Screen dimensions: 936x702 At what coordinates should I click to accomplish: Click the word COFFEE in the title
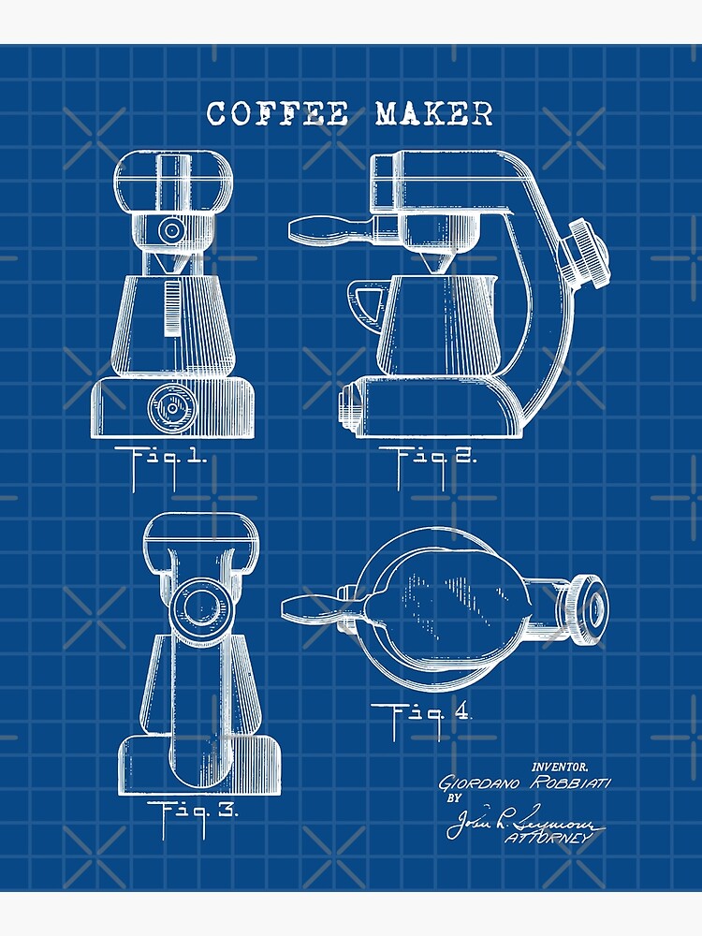(x=277, y=114)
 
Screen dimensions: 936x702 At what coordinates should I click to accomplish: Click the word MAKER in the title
(x=433, y=114)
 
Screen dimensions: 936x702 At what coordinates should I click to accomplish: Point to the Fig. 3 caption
(x=193, y=811)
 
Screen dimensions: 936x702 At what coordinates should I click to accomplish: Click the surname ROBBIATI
(x=571, y=782)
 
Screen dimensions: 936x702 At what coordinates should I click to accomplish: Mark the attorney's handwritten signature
(x=519, y=821)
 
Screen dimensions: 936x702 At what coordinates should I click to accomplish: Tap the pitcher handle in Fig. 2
(x=366, y=299)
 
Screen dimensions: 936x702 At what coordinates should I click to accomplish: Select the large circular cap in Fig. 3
(x=200, y=606)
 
